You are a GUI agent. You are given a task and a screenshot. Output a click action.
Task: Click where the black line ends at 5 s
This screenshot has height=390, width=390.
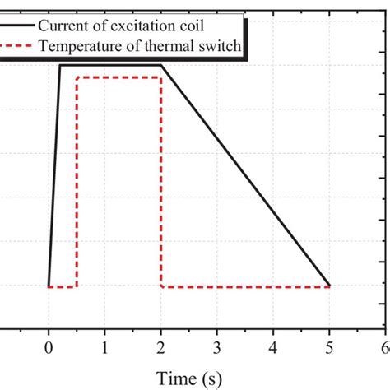click(x=329, y=286)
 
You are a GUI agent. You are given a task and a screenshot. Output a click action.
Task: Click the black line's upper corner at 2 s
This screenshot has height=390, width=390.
click(x=161, y=66)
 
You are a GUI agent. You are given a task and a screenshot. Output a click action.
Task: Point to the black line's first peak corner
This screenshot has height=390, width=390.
click(x=60, y=66)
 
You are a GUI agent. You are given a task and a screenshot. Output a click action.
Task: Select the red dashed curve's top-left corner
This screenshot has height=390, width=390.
click(x=77, y=77)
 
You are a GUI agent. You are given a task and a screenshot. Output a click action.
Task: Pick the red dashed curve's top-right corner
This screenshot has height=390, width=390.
click(x=160, y=77)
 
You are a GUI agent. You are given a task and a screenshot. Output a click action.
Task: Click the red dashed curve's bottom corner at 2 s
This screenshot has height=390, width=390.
click(x=161, y=286)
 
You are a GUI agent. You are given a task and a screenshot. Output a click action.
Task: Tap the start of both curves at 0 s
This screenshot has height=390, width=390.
click(x=49, y=286)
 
